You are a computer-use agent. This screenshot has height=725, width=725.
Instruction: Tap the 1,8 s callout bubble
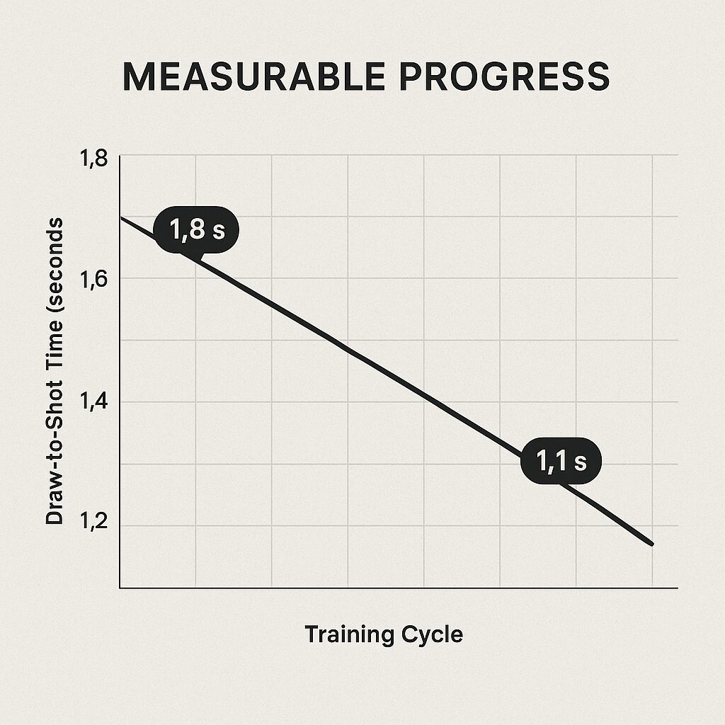(x=196, y=230)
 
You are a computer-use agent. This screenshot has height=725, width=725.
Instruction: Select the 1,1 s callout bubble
(x=561, y=462)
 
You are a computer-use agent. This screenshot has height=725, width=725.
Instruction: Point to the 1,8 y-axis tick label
(x=95, y=159)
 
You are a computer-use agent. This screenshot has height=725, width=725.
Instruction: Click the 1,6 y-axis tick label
(x=95, y=281)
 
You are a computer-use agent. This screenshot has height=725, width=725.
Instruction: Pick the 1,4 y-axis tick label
(x=95, y=403)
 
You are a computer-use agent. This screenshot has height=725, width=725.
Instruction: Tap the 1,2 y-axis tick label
(x=95, y=525)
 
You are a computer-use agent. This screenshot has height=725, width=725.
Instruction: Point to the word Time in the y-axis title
(x=54, y=344)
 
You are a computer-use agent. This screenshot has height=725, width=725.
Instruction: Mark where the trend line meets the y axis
(x=120, y=217)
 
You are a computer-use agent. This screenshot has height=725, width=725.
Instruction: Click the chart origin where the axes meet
(x=120, y=588)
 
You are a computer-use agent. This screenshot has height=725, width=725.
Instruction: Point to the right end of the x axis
(x=677, y=588)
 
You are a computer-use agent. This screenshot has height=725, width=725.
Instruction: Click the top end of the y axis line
(x=120, y=155)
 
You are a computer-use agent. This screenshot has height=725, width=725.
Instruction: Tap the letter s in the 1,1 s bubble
(x=580, y=462)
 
